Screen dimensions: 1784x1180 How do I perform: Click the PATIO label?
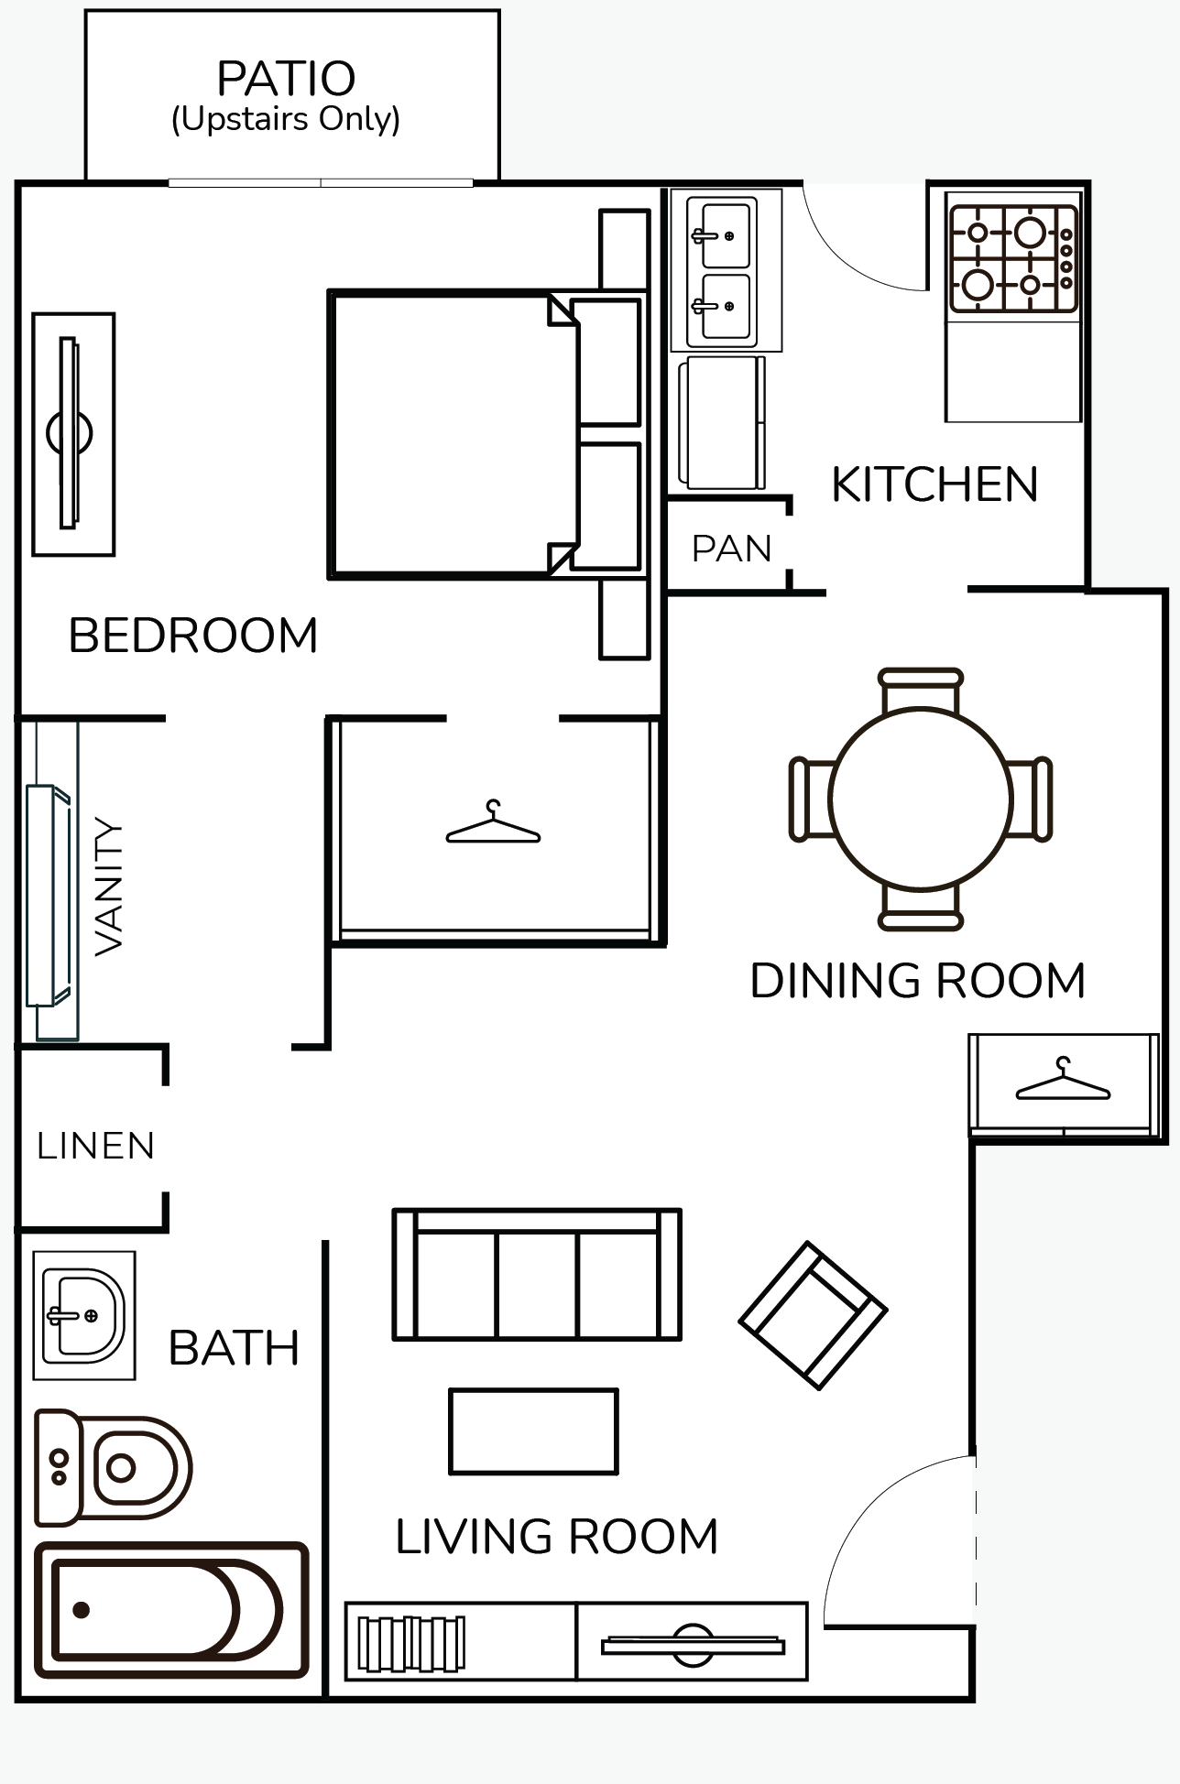286,80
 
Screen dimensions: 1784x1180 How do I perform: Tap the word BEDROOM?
193,636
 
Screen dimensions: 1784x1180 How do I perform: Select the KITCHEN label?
934,484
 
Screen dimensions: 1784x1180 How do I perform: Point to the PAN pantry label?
731,549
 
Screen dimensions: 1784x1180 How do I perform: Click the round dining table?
921,799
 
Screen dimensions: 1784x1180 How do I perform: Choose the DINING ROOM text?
918,981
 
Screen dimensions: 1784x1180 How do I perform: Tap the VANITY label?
109,887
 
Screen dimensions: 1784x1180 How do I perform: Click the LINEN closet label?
95,1146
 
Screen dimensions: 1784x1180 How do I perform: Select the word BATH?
235,1348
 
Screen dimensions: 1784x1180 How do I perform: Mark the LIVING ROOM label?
556,1537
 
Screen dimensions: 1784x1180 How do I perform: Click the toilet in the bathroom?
114,1468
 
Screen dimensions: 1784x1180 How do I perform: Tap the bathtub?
170,1610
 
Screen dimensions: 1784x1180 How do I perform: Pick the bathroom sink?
84,1315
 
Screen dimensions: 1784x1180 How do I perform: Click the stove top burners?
1012,259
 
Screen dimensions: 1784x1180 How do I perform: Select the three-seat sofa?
537,1275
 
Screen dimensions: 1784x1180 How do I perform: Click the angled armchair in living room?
813,1315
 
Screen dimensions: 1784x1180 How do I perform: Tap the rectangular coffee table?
533,1431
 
